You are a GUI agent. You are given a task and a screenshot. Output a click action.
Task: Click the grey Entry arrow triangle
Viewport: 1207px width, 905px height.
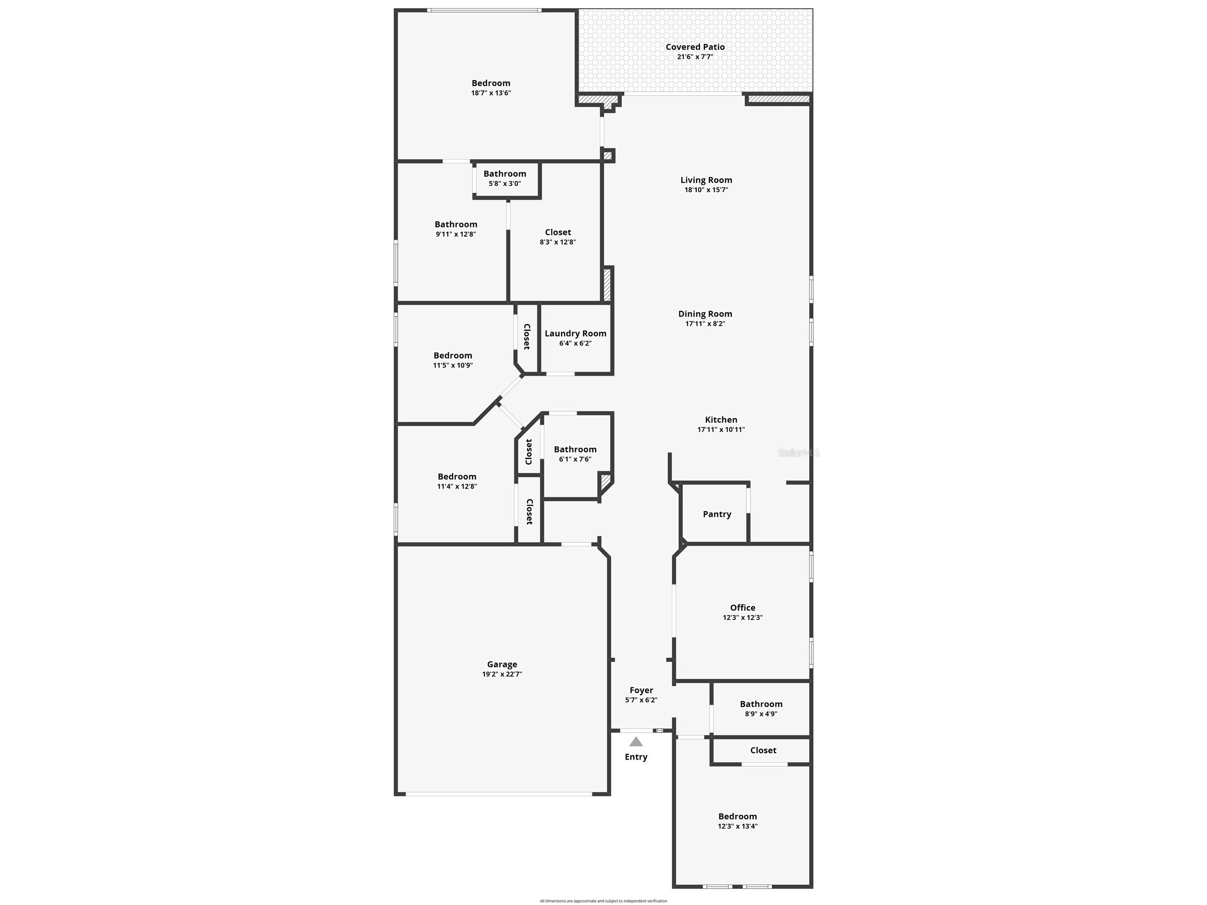(635, 741)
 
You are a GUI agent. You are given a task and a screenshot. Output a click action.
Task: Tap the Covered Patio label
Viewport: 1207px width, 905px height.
(695, 47)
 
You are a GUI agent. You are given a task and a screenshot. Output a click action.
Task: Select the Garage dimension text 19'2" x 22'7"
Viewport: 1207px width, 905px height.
(502, 674)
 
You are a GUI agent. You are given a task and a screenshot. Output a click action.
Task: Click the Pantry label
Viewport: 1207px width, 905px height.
(717, 514)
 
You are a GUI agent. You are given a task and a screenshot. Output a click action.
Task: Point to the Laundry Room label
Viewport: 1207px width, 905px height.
(575, 333)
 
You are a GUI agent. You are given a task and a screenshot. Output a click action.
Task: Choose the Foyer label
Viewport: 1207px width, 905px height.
(641, 690)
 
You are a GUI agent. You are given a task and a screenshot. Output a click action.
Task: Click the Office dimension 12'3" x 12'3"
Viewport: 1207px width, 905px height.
(743, 618)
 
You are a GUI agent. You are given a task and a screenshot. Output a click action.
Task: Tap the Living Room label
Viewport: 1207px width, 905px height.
(706, 180)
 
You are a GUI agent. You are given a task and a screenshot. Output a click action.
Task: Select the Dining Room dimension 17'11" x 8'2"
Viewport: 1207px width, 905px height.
(705, 323)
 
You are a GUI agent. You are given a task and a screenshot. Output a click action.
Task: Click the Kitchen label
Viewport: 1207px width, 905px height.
(721, 419)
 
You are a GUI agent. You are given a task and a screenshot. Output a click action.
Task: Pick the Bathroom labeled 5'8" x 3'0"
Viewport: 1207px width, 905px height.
(505, 174)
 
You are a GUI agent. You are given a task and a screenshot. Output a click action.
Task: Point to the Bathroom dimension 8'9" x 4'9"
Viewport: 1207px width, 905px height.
(761, 714)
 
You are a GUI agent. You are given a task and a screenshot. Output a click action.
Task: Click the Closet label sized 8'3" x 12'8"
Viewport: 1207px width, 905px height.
(557, 233)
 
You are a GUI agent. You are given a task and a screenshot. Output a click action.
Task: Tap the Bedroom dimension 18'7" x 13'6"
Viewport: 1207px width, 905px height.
(491, 93)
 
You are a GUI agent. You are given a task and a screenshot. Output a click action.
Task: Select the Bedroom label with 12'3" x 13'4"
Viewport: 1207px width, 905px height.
(737, 817)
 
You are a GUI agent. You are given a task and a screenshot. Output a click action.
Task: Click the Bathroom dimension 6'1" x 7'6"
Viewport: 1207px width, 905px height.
(575, 459)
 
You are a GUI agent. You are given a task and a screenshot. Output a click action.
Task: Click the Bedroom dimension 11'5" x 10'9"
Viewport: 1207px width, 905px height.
(453, 365)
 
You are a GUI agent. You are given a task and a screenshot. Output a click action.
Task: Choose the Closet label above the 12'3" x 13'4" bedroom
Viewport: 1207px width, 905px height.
(763, 750)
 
